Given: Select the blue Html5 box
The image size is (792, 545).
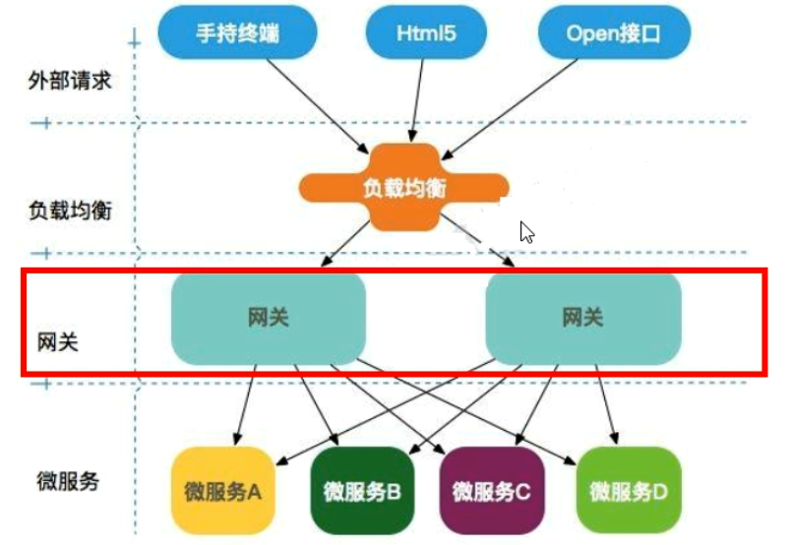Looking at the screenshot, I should coord(426,32).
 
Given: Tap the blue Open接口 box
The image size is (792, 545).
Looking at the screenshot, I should coord(613,32).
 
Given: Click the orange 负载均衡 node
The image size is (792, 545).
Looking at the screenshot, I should coord(403,188).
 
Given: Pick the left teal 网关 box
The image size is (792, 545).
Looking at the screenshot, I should coord(269,318).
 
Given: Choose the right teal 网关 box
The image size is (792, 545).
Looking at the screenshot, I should coord(583,318).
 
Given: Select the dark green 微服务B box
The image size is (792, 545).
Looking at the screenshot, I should coord(361,490).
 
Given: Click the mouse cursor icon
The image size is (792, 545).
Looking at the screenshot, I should coord(526,231).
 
